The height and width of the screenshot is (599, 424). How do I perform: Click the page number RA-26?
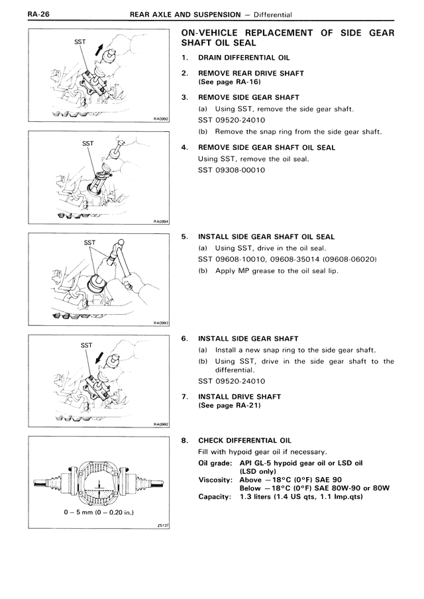15,13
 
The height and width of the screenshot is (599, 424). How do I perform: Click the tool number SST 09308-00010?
231,170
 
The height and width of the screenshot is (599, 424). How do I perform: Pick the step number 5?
184,237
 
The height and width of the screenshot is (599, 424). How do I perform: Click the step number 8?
184,440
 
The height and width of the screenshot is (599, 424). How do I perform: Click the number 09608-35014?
302,259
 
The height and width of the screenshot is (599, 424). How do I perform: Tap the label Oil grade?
216,463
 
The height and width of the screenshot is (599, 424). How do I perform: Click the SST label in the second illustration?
87,143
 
